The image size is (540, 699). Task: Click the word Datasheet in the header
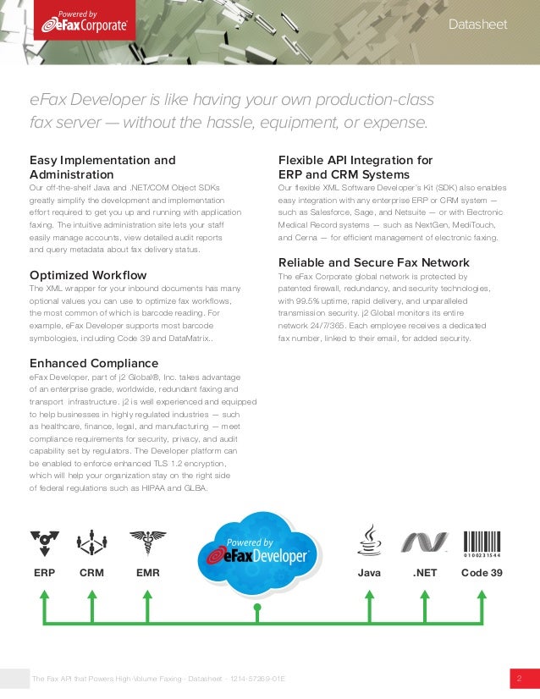tap(478, 25)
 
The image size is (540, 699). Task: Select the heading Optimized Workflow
tap(88, 275)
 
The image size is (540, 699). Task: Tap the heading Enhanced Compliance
tap(93, 363)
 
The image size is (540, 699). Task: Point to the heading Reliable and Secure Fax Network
tap(374, 262)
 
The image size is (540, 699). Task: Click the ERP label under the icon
tap(44, 573)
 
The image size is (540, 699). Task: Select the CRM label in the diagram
tap(91, 573)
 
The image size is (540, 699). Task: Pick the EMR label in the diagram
tap(147, 573)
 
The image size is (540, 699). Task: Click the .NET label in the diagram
tap(425, 573)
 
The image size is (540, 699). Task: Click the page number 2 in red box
tap(519, 679)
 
